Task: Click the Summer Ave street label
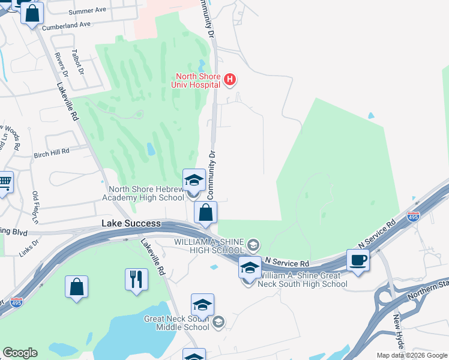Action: click(87, 11)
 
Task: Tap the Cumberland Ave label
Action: click(70, 25)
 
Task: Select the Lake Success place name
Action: click(131, 223)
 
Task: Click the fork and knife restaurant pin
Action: click(137, 279)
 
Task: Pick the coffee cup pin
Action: click(358, 260)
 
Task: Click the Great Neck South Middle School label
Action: click(177, 323)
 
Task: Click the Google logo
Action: click(20, 353)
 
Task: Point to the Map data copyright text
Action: click(411, 355)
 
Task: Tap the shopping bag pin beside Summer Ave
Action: click(32, 13)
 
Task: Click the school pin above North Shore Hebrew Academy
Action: click(194, 180)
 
